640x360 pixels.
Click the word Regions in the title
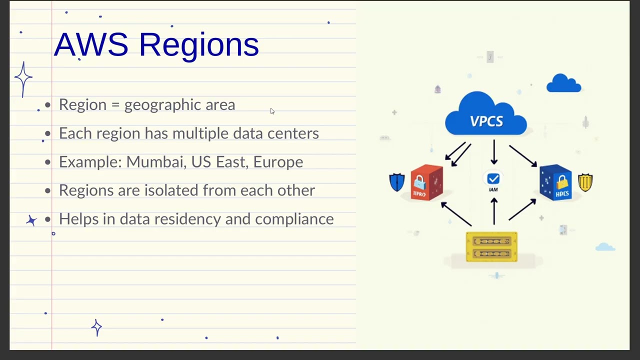(198, 45)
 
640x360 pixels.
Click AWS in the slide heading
(91, 44)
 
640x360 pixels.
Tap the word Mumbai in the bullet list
(156, 162)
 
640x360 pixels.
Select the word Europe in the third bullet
(278, 162)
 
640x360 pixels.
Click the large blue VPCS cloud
(485, 116)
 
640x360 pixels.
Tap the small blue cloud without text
(563, 83)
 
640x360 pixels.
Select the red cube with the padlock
(426, 182)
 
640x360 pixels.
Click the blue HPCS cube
(556, 182)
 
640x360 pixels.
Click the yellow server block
(491, 246)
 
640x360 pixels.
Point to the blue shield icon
(397, 182)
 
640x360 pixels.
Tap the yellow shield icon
(585, 182)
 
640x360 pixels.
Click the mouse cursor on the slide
(272, 111)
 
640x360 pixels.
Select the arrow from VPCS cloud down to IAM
(494, 152)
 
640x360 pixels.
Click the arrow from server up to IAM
(494, 211)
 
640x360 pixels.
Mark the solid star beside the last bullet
(31, 220)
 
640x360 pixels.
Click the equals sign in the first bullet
(115, 105)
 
